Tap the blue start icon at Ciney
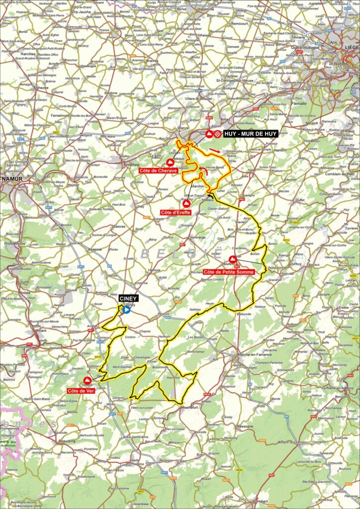click(x=126, y=309)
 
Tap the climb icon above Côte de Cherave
click(x=169, y=162)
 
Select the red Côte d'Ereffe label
click(x=176, y=212)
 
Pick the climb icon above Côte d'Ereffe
click(x=186, y=203)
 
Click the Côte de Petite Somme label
click(x=229, y=272)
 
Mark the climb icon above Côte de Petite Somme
click(x=233, y=259)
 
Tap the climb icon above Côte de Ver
click(x=87, y=380)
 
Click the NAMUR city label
click(x=11, y=177)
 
